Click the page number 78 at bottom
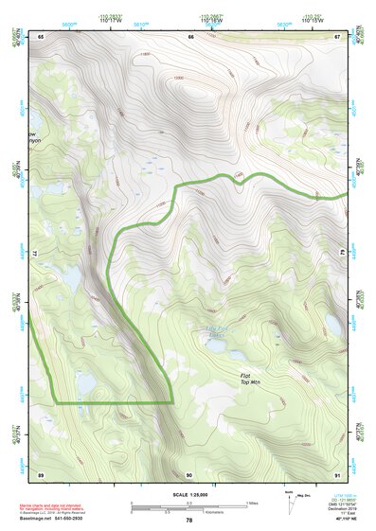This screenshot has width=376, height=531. [188, 521]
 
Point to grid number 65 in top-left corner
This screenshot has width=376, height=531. [41, 36]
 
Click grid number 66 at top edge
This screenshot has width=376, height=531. [190, 36]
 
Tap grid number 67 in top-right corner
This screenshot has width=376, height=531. [337, 36]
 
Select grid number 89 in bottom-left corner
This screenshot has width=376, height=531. [41, 473]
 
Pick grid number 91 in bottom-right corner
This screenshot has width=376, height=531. [337, 473]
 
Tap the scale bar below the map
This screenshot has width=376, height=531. [189, 506]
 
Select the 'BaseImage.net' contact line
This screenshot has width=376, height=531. [59, 519]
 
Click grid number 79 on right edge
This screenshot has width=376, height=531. [343, 254]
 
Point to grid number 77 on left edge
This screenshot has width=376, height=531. [40, 254]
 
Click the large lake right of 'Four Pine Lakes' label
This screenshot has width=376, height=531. [333, 324]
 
